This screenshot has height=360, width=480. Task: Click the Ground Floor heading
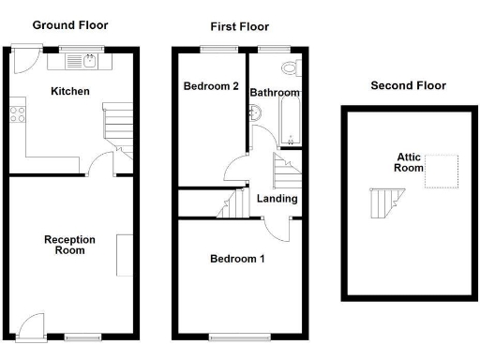tap(70, 25)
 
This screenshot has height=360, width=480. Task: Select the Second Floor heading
tap(408, 85)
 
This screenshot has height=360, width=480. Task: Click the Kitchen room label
tap(70, 92)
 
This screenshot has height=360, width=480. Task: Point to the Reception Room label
tap(69, 245)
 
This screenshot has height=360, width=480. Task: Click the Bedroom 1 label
tap(236, 258)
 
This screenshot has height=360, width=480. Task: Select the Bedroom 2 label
tap(211, 87)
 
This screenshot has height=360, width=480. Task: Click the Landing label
tap(277, 199)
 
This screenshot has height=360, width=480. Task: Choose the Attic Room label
tap(403, 164)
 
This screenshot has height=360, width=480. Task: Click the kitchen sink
tap(89, 62)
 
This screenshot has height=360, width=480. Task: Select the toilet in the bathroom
tap(290, 68)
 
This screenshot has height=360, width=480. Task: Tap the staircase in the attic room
tap(384, 202)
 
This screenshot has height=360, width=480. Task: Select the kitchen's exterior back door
tap(22, 58)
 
